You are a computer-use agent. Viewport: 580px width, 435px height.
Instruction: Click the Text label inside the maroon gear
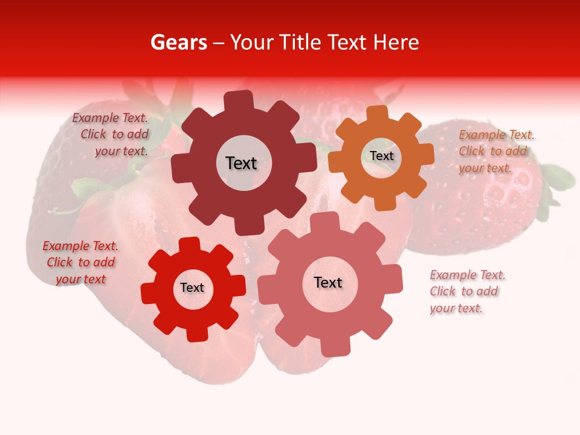(x=241, y=163)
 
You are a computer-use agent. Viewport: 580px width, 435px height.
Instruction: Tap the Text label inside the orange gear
(x=381, y=156)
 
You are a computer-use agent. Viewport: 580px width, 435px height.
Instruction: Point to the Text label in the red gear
(x=192, y=288)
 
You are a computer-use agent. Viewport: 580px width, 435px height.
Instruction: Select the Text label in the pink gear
(x=328, y=283)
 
